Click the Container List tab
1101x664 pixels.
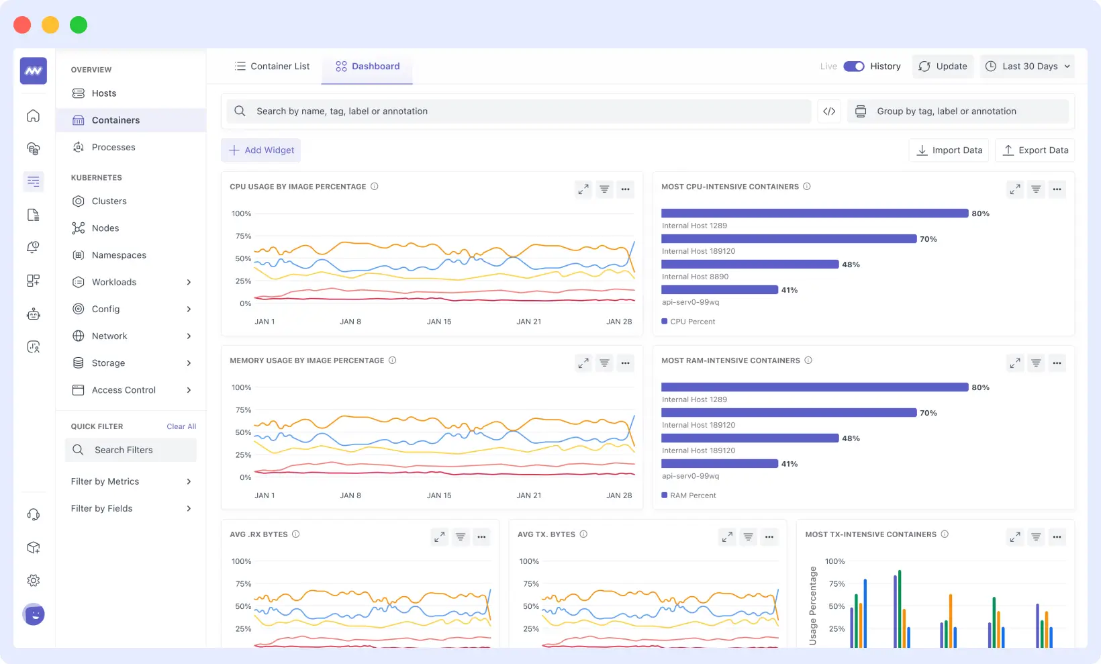272,66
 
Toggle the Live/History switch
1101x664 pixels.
854,66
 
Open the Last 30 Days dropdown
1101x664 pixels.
1027,66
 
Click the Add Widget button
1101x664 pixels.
261,150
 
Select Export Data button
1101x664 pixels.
1035,150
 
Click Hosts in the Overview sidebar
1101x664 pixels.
104,93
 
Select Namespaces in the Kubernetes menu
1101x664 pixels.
119,255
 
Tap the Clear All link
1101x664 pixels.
181,427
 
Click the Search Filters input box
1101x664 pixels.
131,450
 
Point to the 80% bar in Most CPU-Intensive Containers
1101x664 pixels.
814,214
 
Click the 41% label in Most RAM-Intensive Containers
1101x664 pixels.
789,464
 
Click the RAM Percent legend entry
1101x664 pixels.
692,495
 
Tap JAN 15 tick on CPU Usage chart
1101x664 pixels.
439,322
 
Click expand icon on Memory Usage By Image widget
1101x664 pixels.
583,363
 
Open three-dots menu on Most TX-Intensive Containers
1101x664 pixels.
1057,537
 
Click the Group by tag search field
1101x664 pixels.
958,111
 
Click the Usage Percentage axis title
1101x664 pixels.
813,606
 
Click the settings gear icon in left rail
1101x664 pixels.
34,581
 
